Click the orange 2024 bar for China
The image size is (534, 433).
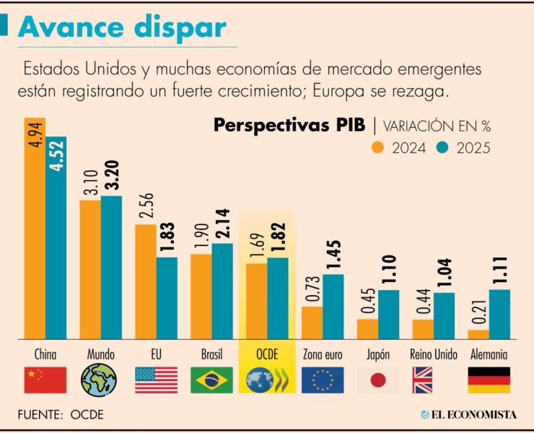coord(35,227)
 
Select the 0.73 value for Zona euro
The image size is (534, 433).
coord(312,289)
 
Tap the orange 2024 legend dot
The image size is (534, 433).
coord(377,148)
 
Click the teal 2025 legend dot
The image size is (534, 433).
coord(444,148)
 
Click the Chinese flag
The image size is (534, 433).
coord(45,380)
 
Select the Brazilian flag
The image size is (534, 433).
coord(211,380)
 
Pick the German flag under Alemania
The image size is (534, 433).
coord(489,380)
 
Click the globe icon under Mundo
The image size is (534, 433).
coord(100,380)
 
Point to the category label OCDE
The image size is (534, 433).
coord(267,355)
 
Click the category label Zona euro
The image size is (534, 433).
coord(322,355)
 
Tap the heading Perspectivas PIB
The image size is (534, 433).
coord(289,125)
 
